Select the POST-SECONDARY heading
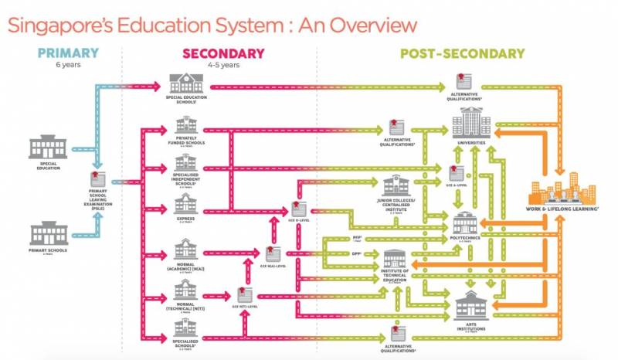451,53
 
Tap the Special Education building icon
47,148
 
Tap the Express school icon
186,204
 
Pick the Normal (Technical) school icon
186,290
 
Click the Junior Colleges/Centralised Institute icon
399,186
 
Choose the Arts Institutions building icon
470,306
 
